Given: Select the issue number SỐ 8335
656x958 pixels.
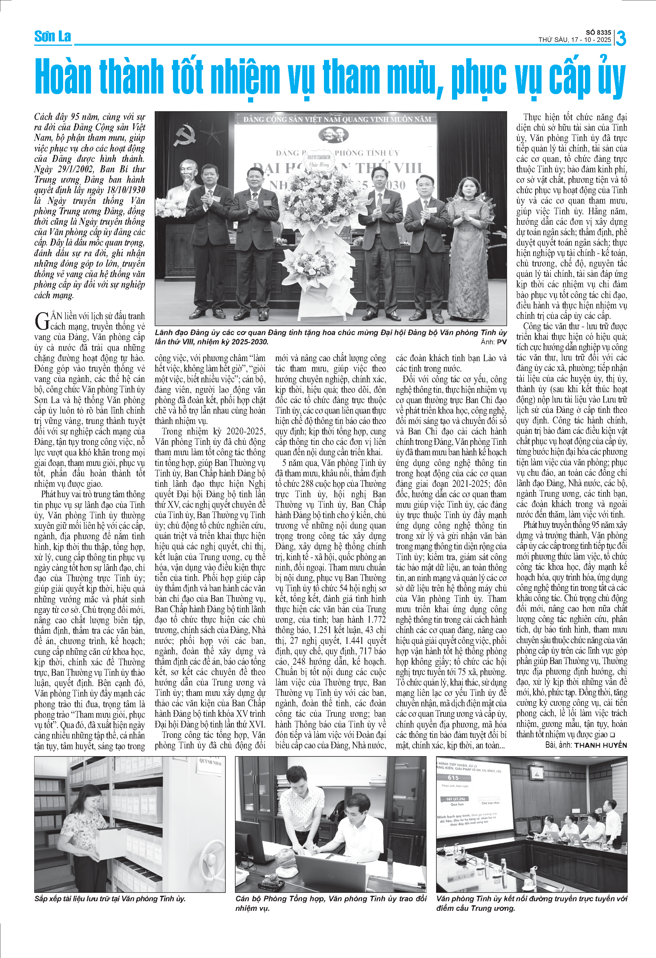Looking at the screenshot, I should click(x=598, y=32).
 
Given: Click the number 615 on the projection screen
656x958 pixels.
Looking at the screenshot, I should click(x=453, y=778).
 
